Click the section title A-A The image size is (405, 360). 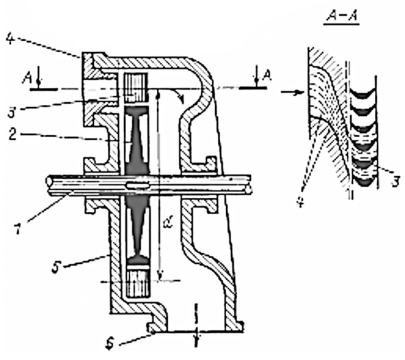pyautogui.click(x=341, y=16)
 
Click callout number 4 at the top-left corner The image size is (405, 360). pyautogui.click(x=10, y=39)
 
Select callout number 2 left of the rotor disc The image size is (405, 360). pyautogui.click(x=12, y=134)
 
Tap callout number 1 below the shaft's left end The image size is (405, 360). pyautogui.click(x=18, y=228)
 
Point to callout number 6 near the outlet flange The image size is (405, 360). pyautogui.click(x=110, y=344)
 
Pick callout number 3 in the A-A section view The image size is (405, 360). pyautogui.click(x=395, y=180)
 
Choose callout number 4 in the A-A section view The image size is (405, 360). pyautogui.click(x=300, y=202)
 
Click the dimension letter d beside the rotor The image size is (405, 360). pyautogui.click(x=168, y=223)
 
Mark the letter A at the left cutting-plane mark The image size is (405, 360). pyautogui.click(x=27, y=77)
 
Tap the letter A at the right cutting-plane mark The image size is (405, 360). pyautogui.click(x=267, y=76)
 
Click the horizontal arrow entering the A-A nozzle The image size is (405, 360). pyautogui.click(x=292, y=92)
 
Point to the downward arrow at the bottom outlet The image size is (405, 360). pyautogui.click(x=197, y=325)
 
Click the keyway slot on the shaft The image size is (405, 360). pyautogui.click(x=138, y=185)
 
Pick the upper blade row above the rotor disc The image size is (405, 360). pyautogui.click(x=136, y=87)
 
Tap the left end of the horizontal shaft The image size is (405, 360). pyautogui.click(x=49, y=184)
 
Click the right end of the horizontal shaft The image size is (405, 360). pyautogui.click(x=249, y=184)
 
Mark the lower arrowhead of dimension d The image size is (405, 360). pyautogui.click(x=160, y=276)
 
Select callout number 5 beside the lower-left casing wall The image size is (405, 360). pyautogui.click(x=56, y=267)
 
